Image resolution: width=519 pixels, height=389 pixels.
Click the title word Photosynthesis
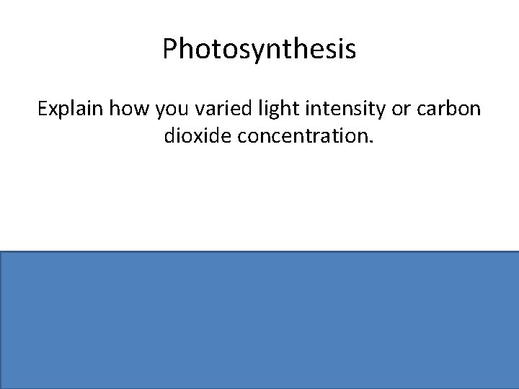(259, 50)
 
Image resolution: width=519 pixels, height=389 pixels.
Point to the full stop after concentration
(372, 142)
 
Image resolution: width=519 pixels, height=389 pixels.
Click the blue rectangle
(259, 320)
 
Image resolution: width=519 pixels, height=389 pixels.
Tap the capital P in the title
(169, 49)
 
